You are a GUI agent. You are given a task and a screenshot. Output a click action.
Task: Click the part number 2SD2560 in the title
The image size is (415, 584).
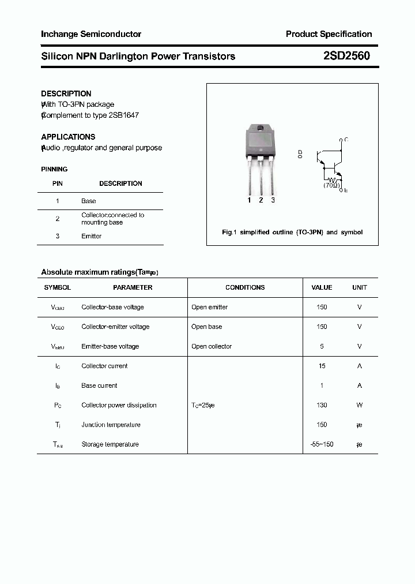pyautogui.click(x=346, y=56)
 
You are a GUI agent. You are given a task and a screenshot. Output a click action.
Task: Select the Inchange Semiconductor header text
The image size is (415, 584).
pyautogui.click(x=91, y=34)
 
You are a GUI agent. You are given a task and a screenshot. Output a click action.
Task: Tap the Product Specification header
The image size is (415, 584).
pyautogui.click(x=329, y=34)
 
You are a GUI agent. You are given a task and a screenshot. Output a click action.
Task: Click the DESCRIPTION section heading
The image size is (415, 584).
pyautogui.click(x=66, y=93)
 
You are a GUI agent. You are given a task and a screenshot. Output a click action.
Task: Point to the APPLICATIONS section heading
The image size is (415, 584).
pyautogui.click(x=68, y=137)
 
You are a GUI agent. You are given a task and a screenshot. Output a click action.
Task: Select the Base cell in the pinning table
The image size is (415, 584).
pyautogui.click(x=89, y=201)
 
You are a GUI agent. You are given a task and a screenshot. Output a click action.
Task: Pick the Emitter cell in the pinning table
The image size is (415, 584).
pyautogui.click(x=92, y=236)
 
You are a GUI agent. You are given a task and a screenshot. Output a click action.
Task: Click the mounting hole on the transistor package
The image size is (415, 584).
pyautogui.click(x=261, y=128)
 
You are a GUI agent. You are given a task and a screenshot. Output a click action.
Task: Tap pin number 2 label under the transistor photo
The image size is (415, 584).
pyautogui.click(x=261, y=200)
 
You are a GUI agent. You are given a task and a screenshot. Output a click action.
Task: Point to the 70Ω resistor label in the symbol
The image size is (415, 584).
pyautogui.click(x=331, y=185)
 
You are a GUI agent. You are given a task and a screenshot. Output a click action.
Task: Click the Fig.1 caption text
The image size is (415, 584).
pyautogui.click(x=292, y=232)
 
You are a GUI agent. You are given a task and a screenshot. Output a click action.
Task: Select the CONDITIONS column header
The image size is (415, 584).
pyautogui.click(x=245, y=287)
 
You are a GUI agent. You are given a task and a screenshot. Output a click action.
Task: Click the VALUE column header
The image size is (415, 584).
pyautogui.click(x=322, y=287)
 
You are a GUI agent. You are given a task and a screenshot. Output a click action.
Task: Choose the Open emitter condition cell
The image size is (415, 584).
pyautogui.click(x=210, y=307)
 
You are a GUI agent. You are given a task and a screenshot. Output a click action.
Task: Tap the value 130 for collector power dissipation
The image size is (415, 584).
pyautogui.click(x=322, y=405)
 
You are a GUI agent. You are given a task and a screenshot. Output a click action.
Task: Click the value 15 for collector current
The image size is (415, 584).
pyautogui.click(x=322, y=366)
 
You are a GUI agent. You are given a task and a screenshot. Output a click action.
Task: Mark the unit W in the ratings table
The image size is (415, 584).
pyautogui.click(x=359, y=405)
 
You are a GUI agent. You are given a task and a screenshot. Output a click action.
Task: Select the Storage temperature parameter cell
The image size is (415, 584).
pyautogui.click(x=110, y=444)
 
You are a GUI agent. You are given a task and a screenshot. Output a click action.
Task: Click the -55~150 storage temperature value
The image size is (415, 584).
pyautogui.click(x=322, y=444)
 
